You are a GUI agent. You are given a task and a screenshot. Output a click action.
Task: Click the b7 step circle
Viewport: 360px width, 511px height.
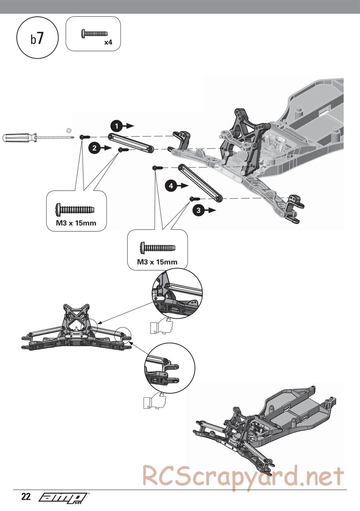pos(37,38)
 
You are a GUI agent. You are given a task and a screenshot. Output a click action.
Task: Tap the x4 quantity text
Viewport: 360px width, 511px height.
pos(108,42)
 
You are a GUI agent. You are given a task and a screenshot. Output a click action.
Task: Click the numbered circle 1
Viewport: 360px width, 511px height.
pos(116,126)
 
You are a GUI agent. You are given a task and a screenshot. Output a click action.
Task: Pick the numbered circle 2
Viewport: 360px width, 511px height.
pos(94,148)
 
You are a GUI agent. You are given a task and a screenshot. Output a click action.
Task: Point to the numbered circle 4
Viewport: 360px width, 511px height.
pos(171,186)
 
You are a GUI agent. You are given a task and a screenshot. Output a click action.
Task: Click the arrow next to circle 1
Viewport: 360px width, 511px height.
pos(128,126)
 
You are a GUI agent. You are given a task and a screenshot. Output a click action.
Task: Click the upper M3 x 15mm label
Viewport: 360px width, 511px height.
pos(76,223)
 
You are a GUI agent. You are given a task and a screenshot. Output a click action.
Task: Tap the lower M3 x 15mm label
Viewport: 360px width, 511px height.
pos(157,262)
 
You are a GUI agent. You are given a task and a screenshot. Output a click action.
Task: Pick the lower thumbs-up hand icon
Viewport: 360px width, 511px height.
pos(154,401)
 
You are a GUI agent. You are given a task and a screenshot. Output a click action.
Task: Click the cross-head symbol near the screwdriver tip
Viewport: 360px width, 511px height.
pos(69,130)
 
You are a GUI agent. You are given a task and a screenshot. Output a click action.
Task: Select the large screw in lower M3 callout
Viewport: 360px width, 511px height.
pos(158,248)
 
